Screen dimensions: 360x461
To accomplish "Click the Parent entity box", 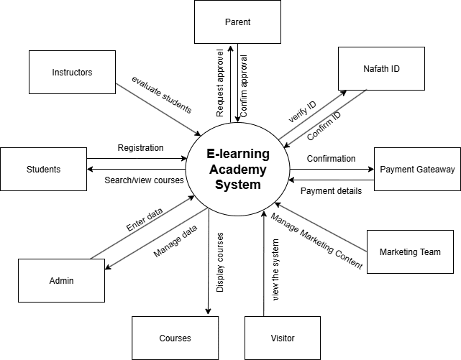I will click(x=237, y=22).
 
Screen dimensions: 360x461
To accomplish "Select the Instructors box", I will click(x=72, y=72).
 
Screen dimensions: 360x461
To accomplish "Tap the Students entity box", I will click(x=43, y=170).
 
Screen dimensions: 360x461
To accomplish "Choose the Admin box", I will click(x=61, y=280).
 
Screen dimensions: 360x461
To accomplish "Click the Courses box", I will click(x=175, y=338).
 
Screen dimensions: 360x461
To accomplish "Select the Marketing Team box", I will click(x=410, y=251).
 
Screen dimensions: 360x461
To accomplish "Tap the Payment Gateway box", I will click(x=417, y=170).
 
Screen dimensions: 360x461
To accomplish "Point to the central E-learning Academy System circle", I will click(x=237, y=170).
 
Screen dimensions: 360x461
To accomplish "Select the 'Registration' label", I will click(x=140, y=148).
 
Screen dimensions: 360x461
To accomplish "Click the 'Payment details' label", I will click(x=331, y=191).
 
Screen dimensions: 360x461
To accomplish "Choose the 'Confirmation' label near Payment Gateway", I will click(x=331, y=159).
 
